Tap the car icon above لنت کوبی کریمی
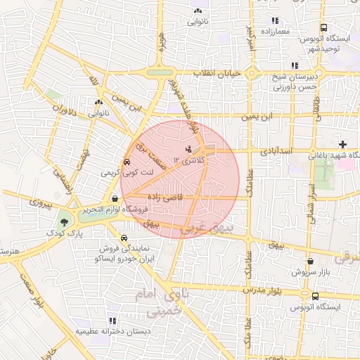point(127,161)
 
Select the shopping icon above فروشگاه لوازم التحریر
point(115,199)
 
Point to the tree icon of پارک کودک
point(64,221)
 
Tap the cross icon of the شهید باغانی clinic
point(342,144)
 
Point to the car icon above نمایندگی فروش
point(124,238)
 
